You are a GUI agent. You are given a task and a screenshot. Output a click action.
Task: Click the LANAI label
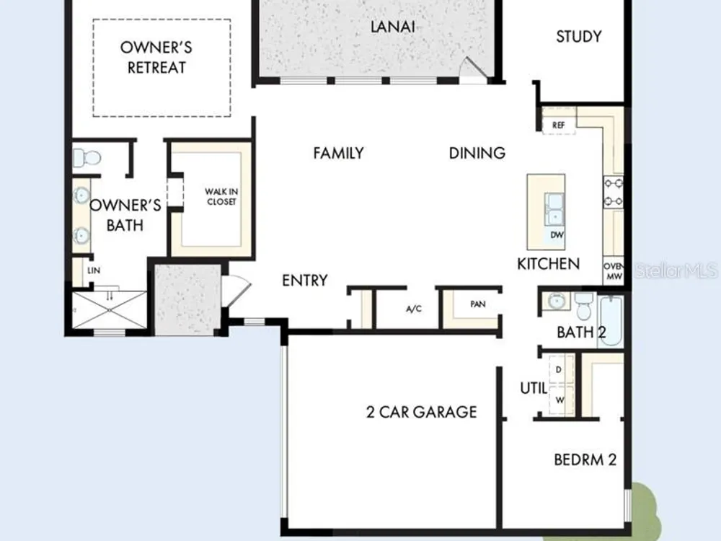[x=393, y=27]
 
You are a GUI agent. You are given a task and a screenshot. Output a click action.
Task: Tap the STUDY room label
[x=578, y=36]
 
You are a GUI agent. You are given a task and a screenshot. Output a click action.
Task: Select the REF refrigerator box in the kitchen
[x=559, y=125]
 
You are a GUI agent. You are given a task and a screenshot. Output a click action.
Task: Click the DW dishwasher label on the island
[x=557, y=235]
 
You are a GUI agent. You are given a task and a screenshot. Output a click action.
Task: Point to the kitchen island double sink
[x=554, y=209]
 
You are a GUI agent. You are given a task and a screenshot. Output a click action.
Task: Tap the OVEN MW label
[x=614, y=271]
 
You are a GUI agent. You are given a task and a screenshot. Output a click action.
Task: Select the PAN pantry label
[x=478, y=304]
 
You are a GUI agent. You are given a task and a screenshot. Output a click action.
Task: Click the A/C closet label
[x=414, y=309]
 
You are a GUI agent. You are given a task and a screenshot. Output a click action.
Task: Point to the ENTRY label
[x=305, y=280]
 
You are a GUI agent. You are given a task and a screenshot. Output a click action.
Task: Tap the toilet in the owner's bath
[x=87, y=158]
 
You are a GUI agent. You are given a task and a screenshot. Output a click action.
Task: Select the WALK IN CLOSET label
[x=221, y=196]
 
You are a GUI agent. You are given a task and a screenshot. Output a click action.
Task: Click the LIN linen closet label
[x=94, y=270]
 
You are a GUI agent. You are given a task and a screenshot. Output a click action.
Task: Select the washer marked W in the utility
[x=561, y=400]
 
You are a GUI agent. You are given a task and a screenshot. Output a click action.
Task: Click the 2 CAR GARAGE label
[x=421, y=412]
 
